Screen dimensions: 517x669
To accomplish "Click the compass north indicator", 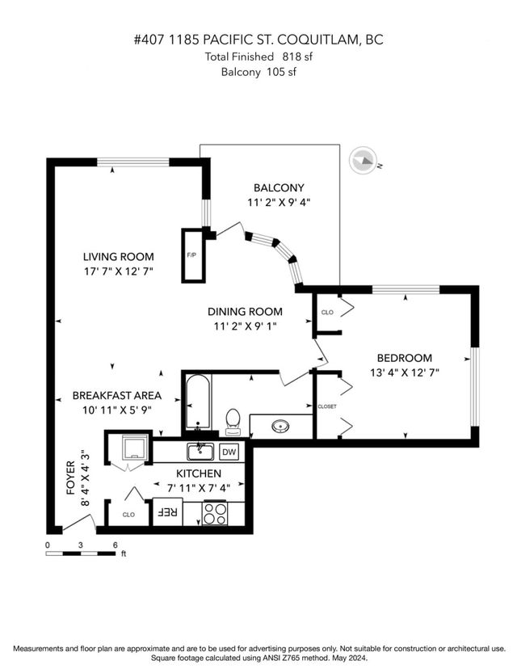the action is [x=364, y=161].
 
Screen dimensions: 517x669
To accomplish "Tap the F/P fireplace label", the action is [x=191, y=255].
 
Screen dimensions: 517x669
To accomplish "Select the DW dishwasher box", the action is [x=229, y=452].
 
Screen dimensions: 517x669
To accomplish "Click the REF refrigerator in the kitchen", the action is [x=167, y=511].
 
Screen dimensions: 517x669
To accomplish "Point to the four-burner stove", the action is [x=215, y=513].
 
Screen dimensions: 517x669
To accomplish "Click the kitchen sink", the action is [x=200, y=452].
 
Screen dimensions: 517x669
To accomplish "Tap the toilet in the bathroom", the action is [x=233, y=422].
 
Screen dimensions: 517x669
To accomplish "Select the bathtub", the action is [x=198, y=402].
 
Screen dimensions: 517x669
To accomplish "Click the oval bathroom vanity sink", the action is [x=281, y=425].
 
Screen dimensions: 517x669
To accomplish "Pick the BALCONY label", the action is [x=279, y=187].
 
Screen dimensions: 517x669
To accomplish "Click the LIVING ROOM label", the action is [x=119, y=257].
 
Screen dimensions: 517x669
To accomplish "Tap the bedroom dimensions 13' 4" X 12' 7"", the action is [x=405, y=372].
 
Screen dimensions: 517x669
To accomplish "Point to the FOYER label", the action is [x=71, y=478].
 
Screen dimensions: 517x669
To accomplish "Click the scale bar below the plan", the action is [x=81, y=553].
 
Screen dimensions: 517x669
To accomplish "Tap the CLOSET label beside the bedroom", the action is [x=327, y=406].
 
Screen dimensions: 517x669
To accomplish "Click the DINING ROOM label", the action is [x=245, y=312].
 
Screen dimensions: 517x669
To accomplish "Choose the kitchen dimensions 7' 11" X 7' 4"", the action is [x=199, y=487].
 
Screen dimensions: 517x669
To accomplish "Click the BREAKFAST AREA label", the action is [x=117, y=396].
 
